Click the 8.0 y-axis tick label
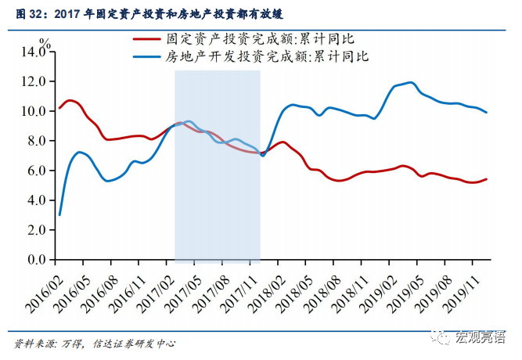tap(35, 141)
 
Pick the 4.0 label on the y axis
tap(35, 200)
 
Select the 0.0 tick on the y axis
tap(35, 259)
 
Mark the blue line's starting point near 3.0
tap(59, 214)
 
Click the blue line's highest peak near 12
tap(411, 82)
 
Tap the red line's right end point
tap(487, 179)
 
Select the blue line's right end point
tap(487, 113)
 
